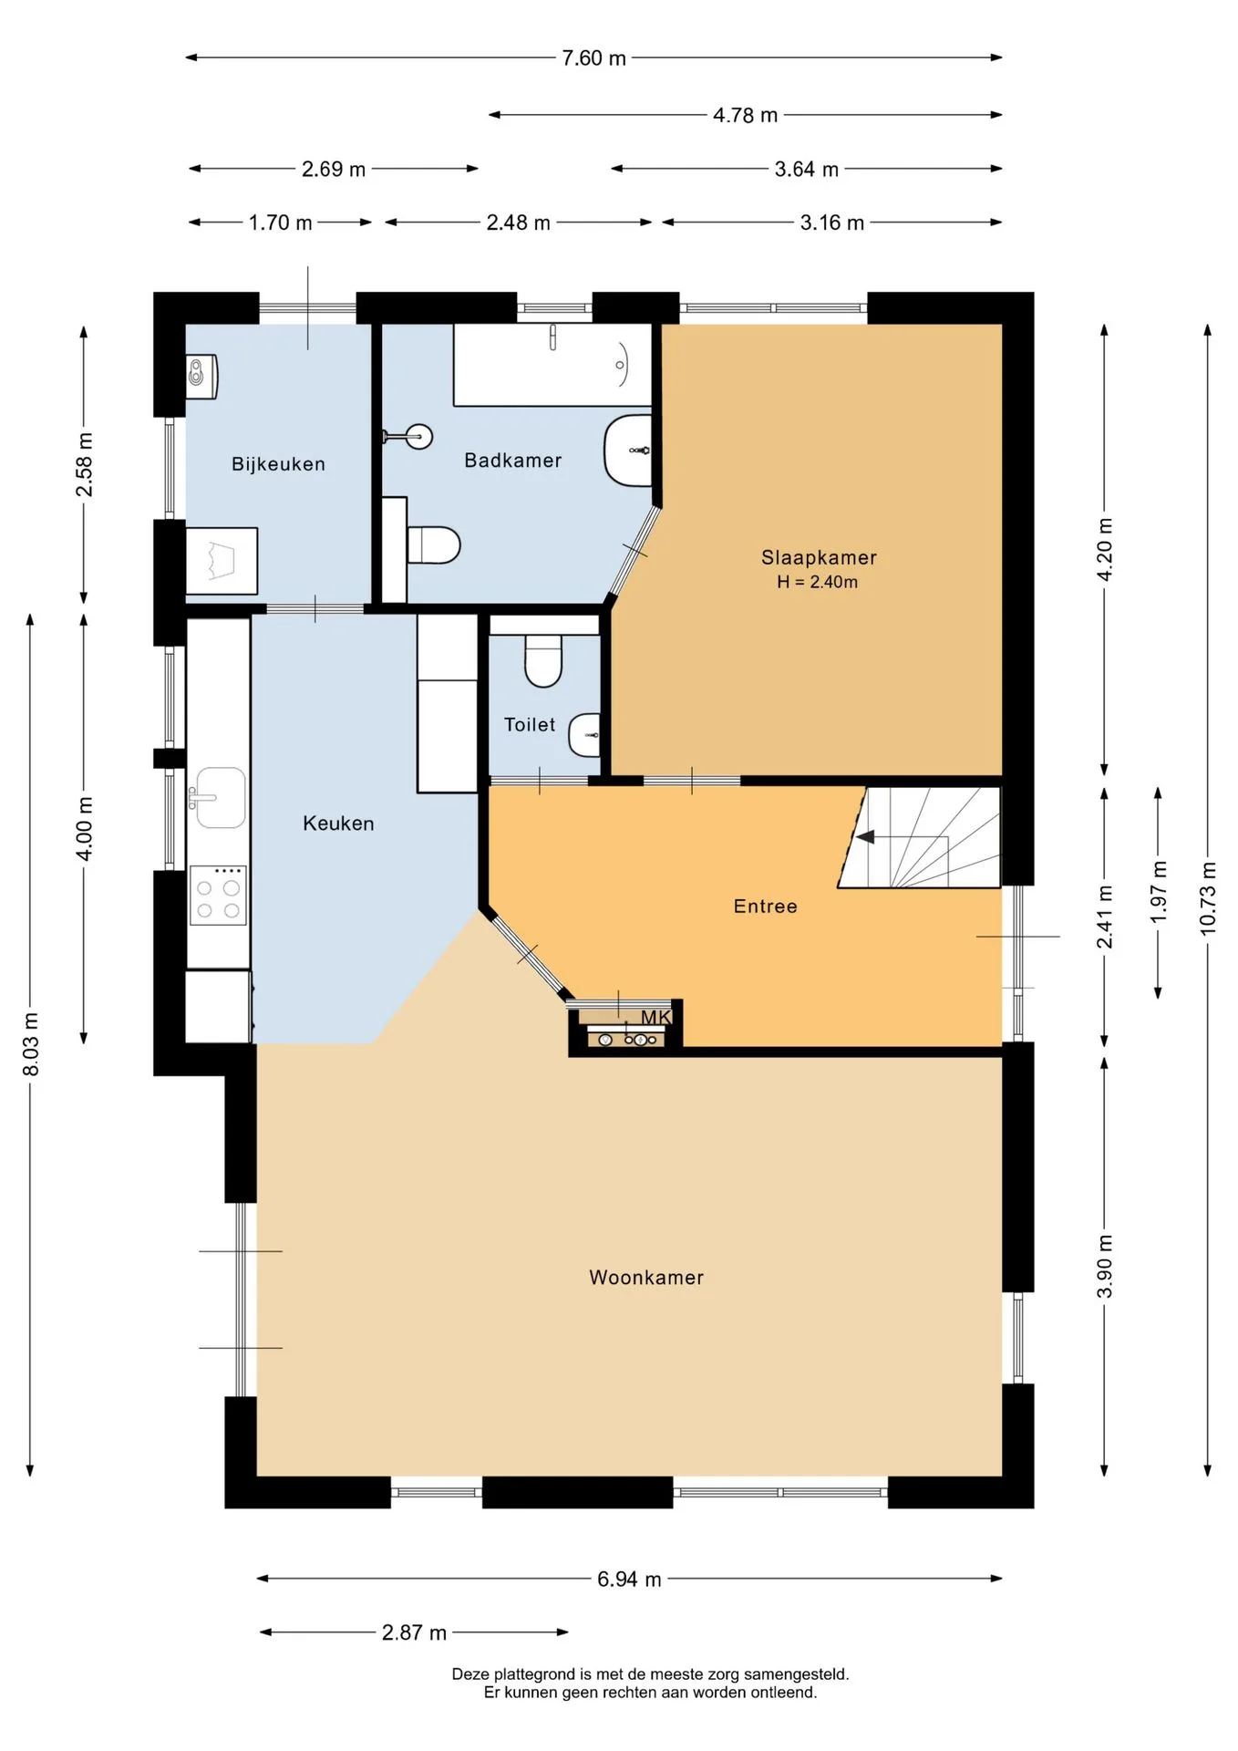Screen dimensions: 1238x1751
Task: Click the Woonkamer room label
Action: pos(646,1277)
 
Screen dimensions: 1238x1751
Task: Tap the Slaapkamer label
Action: pos(819,557)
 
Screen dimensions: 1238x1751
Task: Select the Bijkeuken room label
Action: pos(278,464)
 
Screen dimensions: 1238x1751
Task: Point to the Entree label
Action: pos(765,907)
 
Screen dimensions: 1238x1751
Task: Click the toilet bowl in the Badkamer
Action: pos(433,544)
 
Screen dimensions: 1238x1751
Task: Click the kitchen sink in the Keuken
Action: pos(219,798)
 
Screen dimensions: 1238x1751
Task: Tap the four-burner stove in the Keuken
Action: pos(218,895)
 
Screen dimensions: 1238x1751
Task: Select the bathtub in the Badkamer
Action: pos(552,365)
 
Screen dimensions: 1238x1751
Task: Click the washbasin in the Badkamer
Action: pos(628,451)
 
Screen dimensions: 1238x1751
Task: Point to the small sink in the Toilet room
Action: pos(584,735)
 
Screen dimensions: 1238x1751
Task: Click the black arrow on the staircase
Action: pos(864,836)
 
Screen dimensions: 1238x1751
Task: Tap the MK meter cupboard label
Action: pos(655,1018)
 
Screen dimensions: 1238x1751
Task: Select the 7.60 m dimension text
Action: pos(593,58)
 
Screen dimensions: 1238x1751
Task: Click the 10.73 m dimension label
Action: pos(1208,897)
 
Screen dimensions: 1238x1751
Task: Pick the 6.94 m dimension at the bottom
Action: pos(629,1580)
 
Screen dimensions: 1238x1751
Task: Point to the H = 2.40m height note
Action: pos(817,582)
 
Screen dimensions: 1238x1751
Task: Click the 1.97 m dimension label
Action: pos(1159,892)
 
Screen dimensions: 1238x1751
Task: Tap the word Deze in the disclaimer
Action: pos(470,1674)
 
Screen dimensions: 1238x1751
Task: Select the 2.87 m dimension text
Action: pos(414,1632)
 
